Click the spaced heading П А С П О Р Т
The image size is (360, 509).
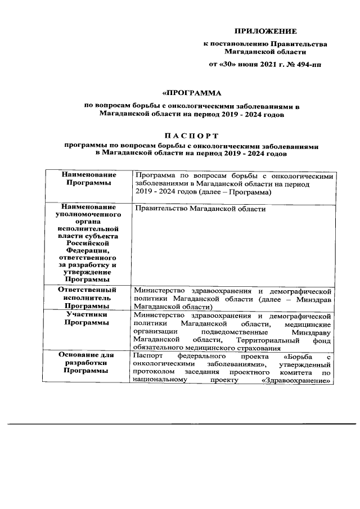[192, 136]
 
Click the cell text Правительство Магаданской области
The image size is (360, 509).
[200, 209]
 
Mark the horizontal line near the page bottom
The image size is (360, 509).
[181, 424]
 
